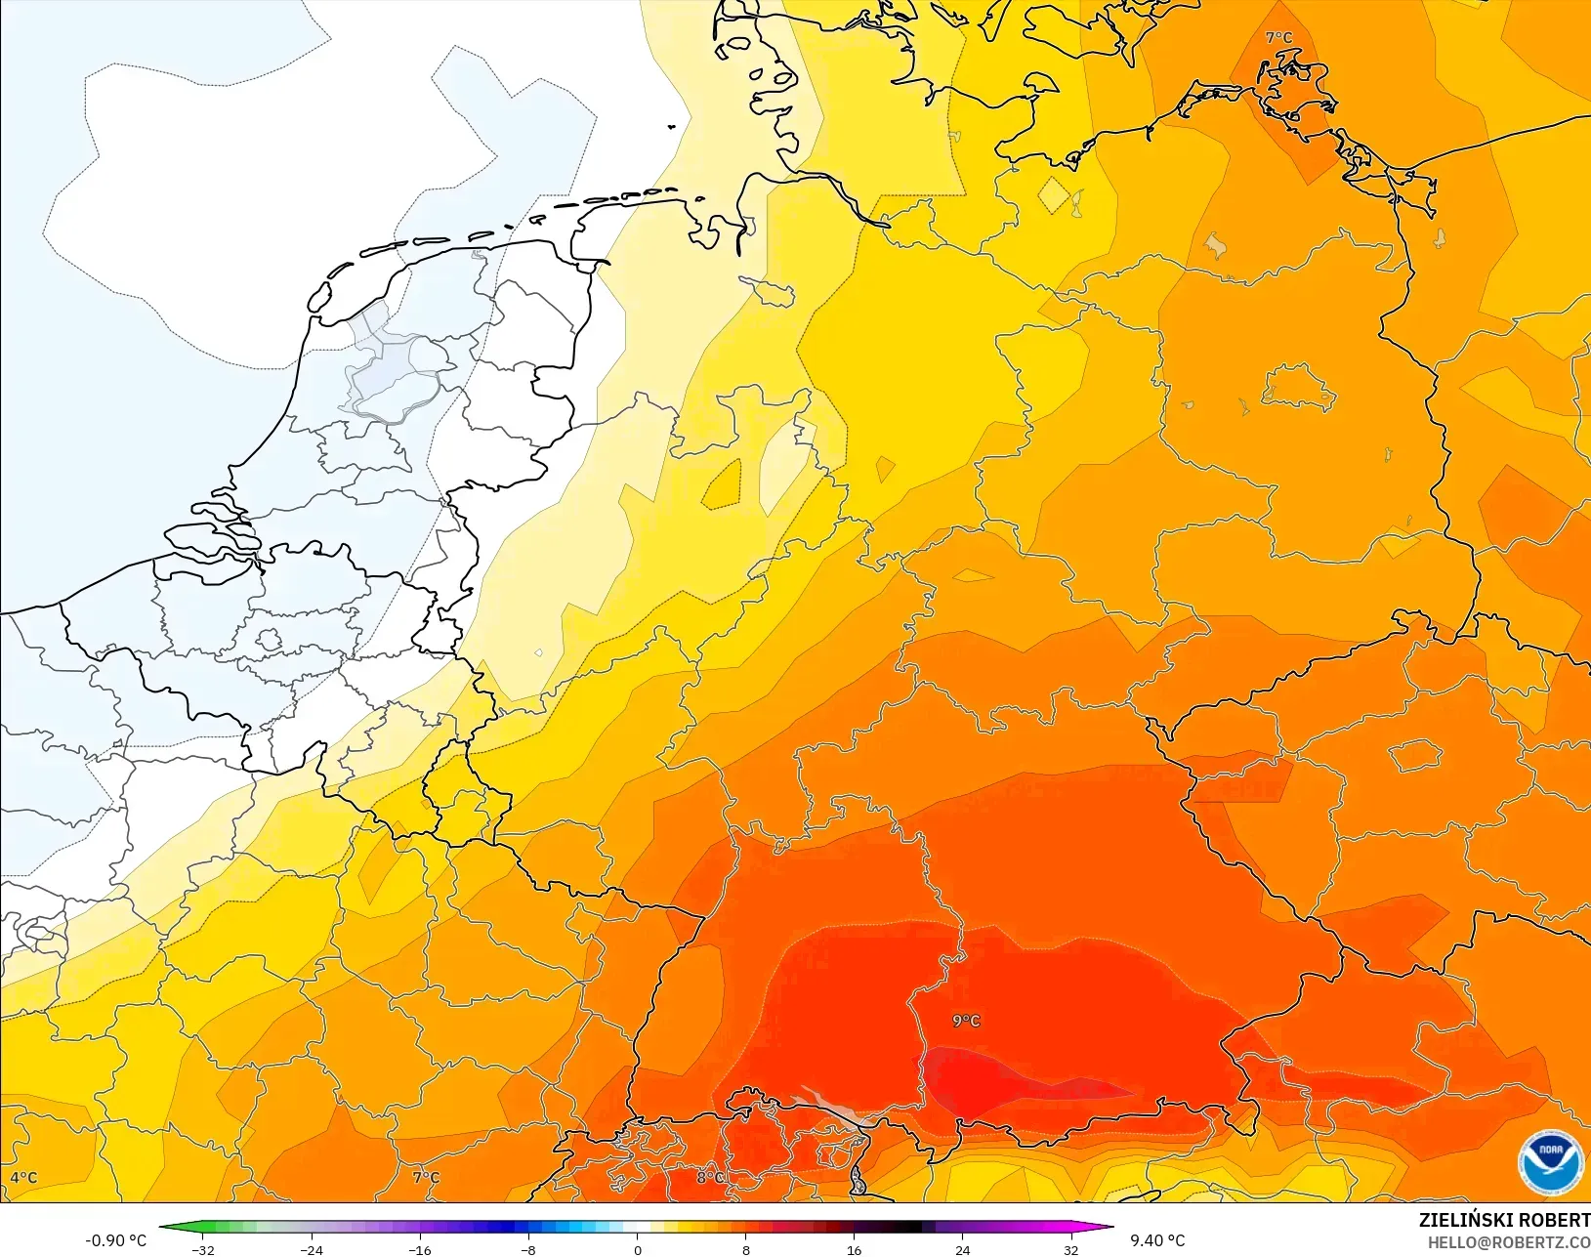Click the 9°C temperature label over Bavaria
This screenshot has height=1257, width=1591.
[966, 1021]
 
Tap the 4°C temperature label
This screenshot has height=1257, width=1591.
[23, 1178]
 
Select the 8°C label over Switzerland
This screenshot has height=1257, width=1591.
[710, 1178]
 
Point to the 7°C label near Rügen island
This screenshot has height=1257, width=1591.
[1278, 38]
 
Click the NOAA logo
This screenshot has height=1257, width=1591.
[1549, 1161]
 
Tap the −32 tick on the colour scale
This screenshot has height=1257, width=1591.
[203, 1250]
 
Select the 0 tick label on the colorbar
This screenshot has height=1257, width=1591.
[638, 1250]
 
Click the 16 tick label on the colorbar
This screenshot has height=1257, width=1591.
[854, 1250]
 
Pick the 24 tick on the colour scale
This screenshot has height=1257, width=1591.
[962, 1250]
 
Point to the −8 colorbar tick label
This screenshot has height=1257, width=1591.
[528, 1250]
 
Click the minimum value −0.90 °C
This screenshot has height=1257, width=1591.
[115, 1240]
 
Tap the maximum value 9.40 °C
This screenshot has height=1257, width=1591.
[1157, 1240]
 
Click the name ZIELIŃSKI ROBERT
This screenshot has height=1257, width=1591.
[1504, 1221]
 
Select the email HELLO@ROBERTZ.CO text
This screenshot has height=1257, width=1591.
[1509, 1242]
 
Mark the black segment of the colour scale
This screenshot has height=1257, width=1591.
[908, 1228]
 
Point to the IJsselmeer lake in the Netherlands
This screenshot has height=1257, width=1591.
[391, 361]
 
